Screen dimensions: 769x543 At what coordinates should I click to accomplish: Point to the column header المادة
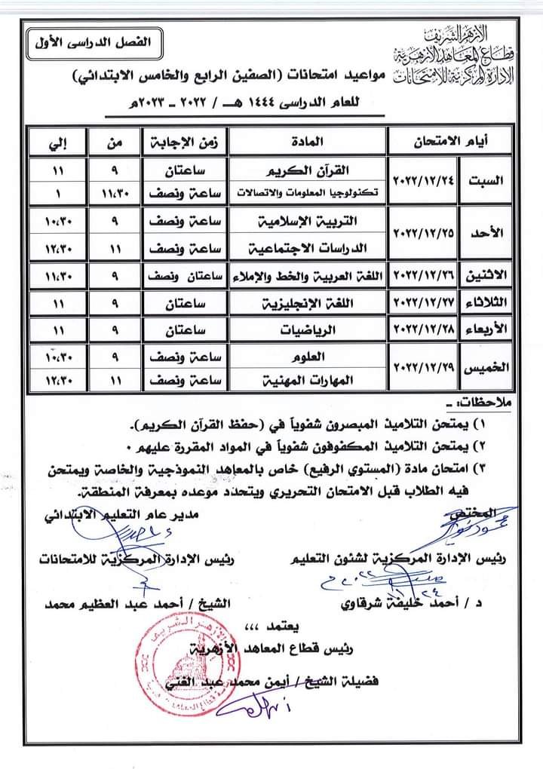pos(308,140)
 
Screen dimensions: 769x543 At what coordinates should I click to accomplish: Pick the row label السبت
pos(491,180)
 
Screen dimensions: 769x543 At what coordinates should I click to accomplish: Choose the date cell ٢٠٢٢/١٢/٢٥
pos(426,234)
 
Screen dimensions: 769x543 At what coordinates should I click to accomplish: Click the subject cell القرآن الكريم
pos(308,170)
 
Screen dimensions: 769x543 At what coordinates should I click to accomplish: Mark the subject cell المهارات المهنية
pos(308,383)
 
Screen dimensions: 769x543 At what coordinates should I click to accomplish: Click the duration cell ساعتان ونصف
pos(184,276)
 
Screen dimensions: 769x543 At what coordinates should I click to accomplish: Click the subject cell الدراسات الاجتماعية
pos(308,247)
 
